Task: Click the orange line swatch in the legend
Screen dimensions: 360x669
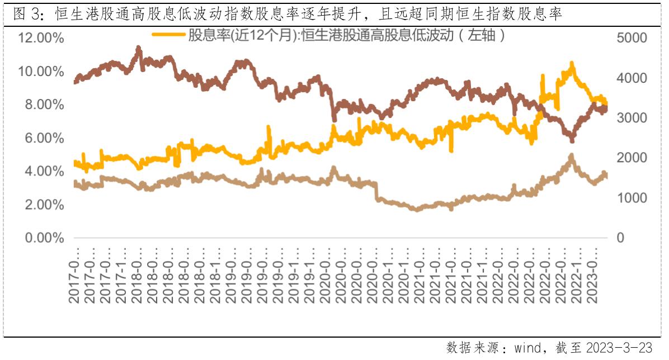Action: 168,35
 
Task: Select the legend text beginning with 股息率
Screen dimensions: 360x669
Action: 347,36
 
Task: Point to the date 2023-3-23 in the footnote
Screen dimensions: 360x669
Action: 619,348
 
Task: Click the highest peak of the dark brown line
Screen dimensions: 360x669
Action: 138,49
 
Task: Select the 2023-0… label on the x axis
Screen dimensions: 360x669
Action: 596,276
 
